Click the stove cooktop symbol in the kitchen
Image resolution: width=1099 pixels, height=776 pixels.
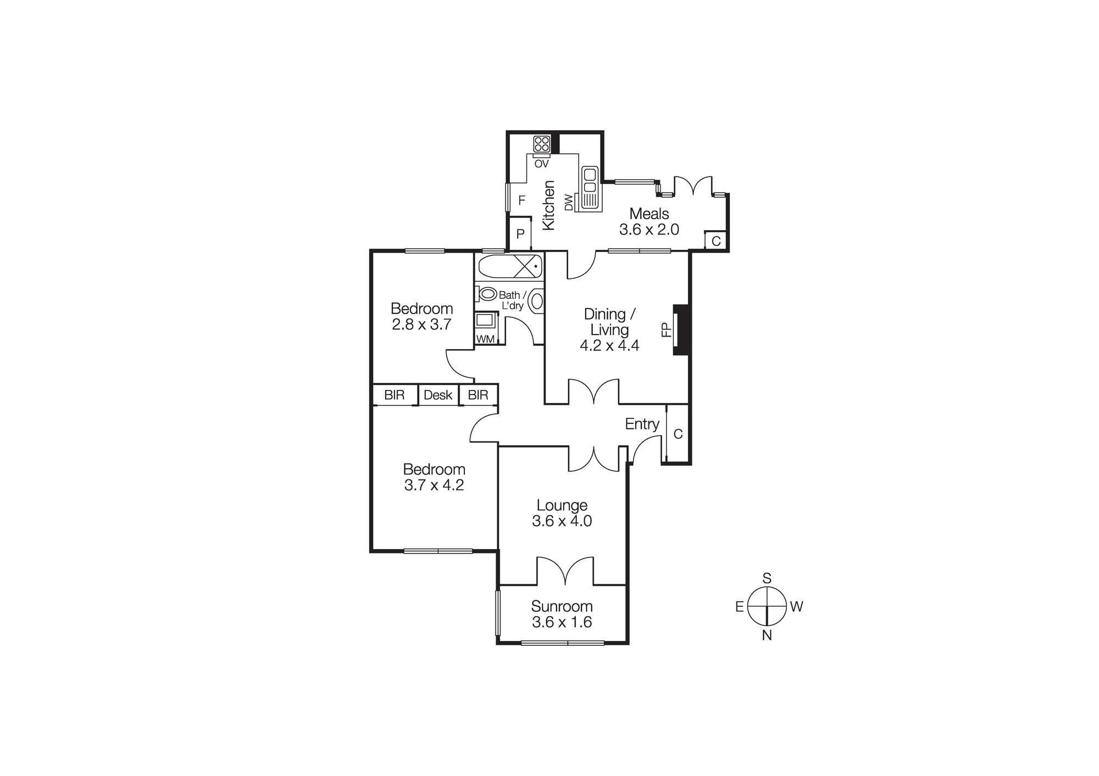[x=541, y=144]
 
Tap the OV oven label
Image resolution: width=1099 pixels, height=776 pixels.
[x=541, y=164]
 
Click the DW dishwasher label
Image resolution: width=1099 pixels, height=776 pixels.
[x=569, y=202]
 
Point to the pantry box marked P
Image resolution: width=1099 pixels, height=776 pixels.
[x=520, y=234]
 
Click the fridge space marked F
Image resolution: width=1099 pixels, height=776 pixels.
[x=521, y=200]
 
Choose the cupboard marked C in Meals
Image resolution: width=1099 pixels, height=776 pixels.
[x=716, y=241]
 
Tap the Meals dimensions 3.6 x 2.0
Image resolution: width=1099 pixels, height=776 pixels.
[x=649, y=230]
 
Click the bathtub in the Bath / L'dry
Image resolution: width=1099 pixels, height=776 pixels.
[x=509, y=267]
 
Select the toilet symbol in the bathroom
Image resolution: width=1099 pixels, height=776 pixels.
[x=487, y=294]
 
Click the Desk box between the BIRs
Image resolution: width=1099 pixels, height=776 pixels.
[x=438, y=395]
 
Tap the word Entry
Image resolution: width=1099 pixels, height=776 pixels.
[x=642, y=424]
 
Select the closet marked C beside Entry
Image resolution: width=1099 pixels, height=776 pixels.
[x=678, y=434]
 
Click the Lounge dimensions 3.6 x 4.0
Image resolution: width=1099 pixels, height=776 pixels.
[x=562, y=521]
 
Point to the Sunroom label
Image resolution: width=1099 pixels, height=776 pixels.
[x=562, y=606]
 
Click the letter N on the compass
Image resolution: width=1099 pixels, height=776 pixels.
[x=767, y=635]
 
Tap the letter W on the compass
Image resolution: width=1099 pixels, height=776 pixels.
[x=796, y=607]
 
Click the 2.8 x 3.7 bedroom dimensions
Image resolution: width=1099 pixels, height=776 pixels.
[x=421, y=325]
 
